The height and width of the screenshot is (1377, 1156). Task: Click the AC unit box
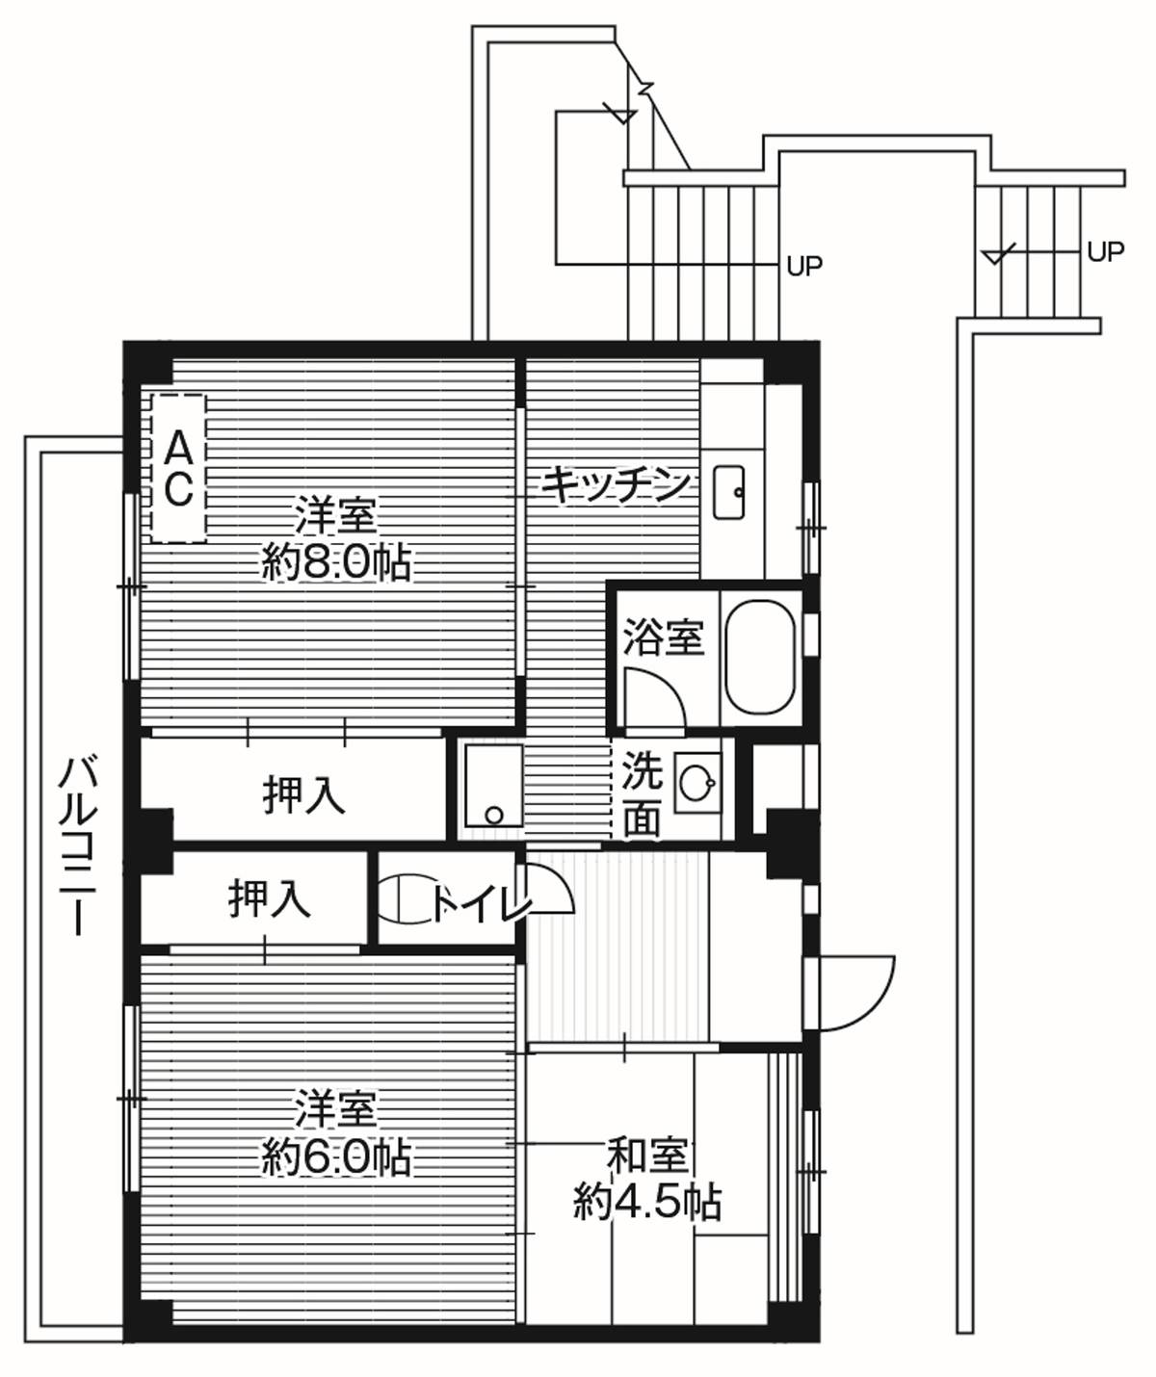pos(178,469)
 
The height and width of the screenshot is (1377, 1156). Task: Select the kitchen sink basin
pos(729,493)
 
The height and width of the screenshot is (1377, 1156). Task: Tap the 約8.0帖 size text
pos(336,562)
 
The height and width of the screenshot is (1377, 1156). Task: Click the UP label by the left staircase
pos(804,267)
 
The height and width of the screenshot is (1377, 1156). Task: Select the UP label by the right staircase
pos(1105,252)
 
